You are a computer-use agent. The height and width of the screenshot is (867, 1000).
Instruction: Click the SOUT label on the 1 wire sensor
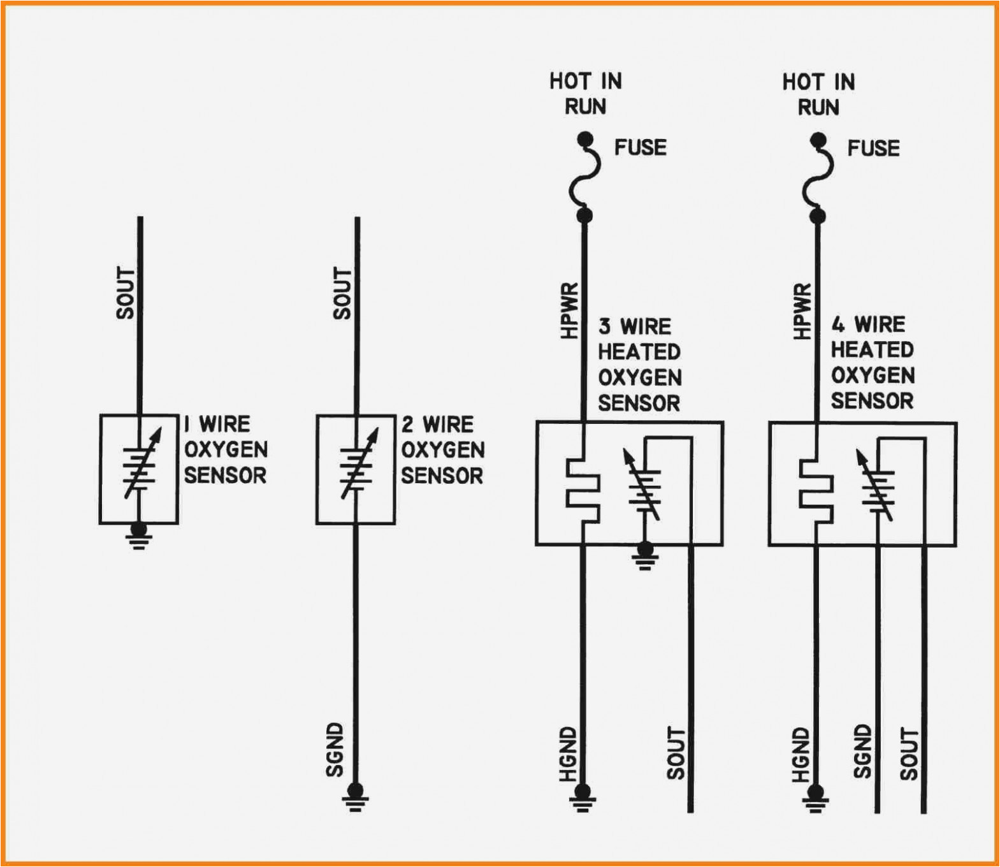point(126,293)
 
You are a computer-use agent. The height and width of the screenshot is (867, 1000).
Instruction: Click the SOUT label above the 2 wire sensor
point(342,293)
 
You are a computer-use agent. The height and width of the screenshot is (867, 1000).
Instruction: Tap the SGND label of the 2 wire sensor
point(335,750)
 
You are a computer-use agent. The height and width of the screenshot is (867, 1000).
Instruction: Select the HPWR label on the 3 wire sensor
point(569,310)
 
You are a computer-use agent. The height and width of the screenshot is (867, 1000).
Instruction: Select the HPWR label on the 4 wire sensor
point(802,311)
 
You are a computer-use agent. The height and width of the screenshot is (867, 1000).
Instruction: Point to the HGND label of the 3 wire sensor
point(568,754)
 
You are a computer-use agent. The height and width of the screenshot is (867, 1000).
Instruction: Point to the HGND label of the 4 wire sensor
point(801,755)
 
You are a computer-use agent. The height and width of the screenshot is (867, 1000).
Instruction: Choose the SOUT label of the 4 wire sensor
point(909,754)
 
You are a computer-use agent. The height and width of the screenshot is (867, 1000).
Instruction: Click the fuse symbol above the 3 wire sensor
point(585,177)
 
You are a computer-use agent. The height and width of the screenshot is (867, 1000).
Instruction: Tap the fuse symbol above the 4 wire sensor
point(818,178)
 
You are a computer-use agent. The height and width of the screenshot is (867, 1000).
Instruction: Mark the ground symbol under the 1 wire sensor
point(138,537)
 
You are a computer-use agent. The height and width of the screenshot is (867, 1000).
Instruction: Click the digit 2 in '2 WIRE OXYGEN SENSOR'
point(407,425)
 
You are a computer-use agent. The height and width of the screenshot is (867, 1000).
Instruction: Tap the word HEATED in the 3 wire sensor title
point(639,352)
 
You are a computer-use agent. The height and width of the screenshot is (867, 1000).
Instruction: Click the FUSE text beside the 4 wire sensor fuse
point(873,149)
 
